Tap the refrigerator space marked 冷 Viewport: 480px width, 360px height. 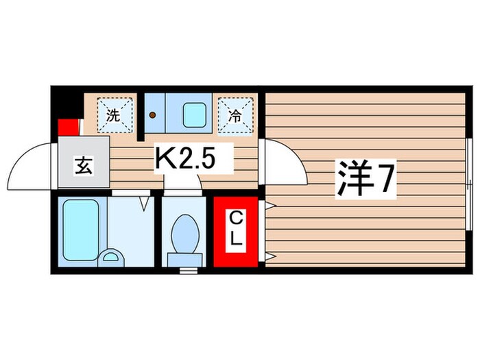point(235,113)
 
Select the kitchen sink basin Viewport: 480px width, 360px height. point(195,115)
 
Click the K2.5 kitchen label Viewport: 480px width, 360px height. point(187,160)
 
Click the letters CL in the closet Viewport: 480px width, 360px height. point(235,232)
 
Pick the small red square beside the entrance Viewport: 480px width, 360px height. point(67,128)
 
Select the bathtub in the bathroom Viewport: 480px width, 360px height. point(82,230)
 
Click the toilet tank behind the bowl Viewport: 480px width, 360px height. point(184,258)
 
